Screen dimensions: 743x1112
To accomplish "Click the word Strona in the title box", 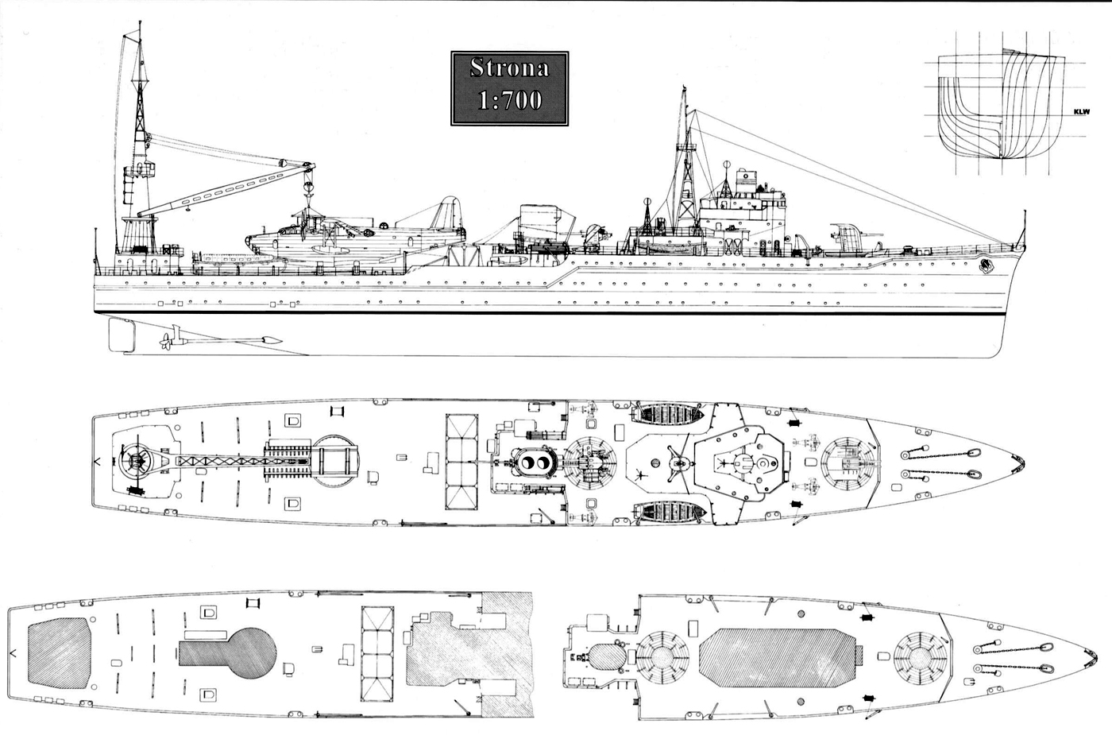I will pos(509,68).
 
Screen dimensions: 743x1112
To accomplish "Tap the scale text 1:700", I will pos(509,99).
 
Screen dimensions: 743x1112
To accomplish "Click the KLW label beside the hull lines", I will pos(1081,112).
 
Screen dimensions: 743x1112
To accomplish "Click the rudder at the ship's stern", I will pos(122,333).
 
